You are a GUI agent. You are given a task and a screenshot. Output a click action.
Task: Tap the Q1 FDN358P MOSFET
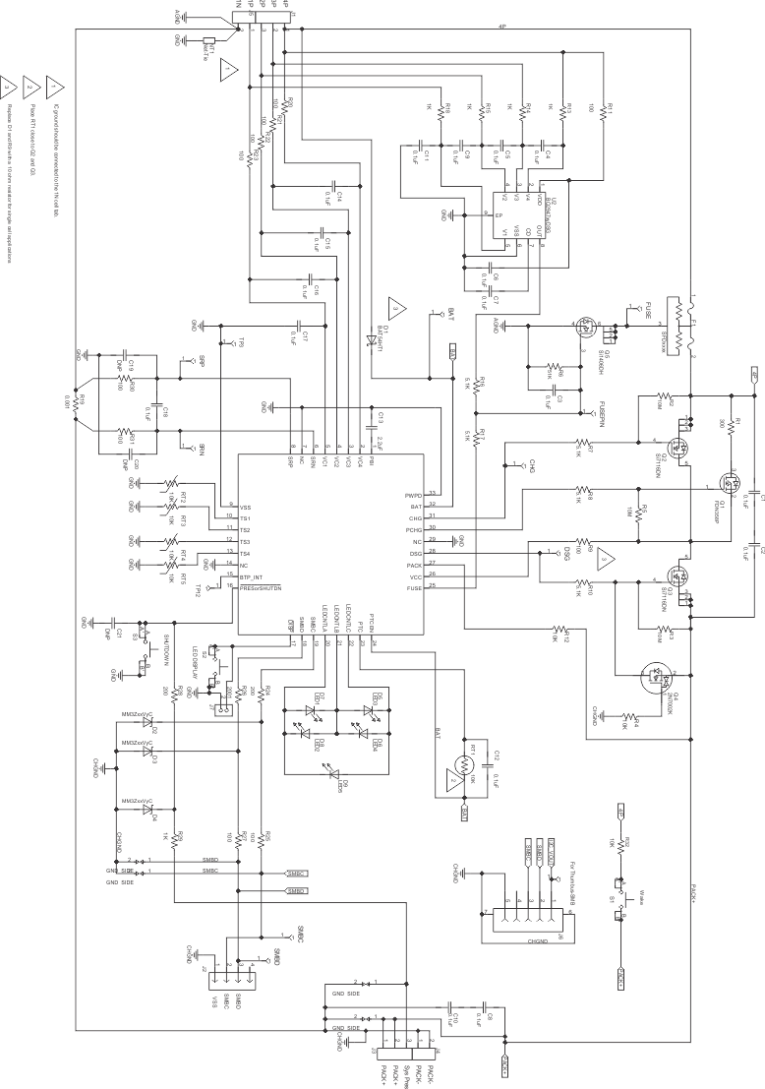click(x=732, y=484)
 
